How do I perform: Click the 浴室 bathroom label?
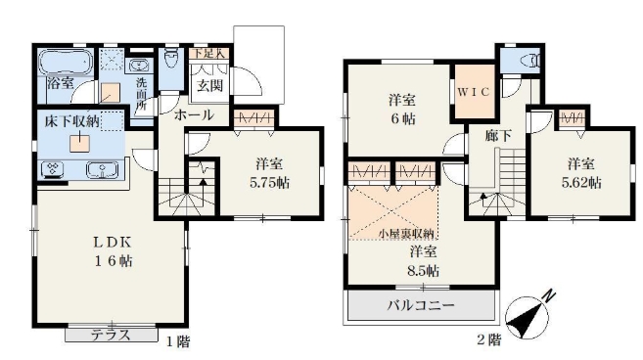(60, 84)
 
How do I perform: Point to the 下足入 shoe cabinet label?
(208, 54)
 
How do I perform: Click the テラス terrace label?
(112, 334)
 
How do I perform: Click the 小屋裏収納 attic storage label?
(407, 235)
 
